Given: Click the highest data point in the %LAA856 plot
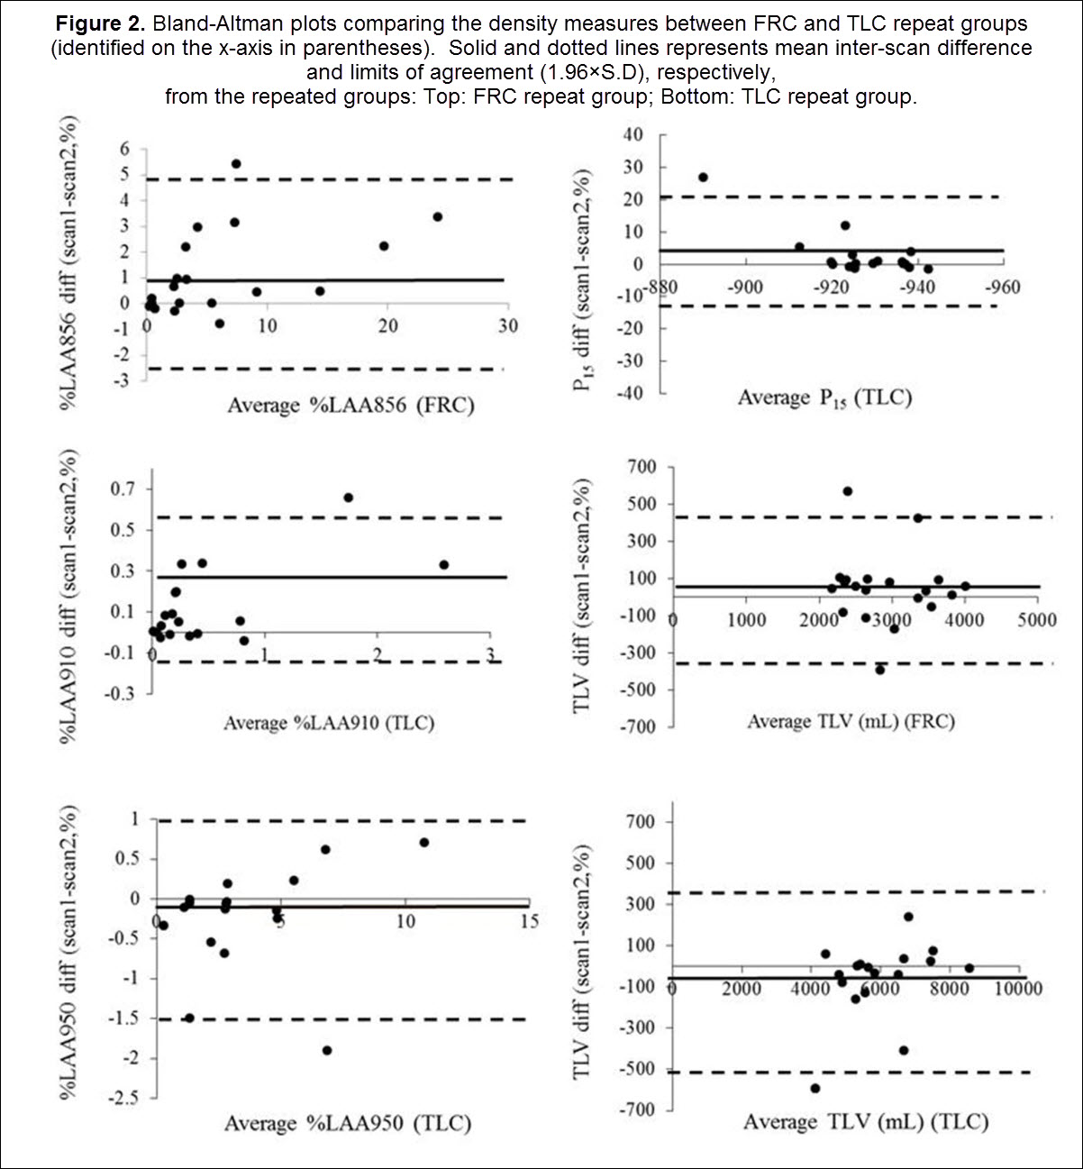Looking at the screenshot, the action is (x=236, y=164).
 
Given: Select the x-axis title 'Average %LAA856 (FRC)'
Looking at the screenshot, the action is (x=350, y=405).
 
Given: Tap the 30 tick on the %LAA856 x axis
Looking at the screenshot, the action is (x=508, y=325).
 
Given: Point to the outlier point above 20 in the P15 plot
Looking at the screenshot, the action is (x=703, y=178).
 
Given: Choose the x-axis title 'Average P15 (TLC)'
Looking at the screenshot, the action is (x=824, y=397).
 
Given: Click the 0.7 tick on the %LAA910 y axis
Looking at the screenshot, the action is (x=123, y=489).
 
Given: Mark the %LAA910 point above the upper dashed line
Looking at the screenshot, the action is (x=348, y=498).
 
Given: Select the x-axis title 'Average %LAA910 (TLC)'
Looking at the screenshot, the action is (x=329, y=722).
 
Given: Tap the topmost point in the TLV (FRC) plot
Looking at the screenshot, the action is (x=848, y=491).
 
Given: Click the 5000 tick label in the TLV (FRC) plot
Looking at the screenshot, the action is (x=1037, y=620).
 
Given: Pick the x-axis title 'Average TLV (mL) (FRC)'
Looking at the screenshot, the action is (x=851, y=721).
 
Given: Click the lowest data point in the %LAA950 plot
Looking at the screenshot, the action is (x=327, y=1050).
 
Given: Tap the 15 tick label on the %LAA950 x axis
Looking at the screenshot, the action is (x=529, y=921).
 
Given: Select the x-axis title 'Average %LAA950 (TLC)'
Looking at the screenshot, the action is (x=348, y=1123).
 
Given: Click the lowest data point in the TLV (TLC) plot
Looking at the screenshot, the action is (x=815, y=1089).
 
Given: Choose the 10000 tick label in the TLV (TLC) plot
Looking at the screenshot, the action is (x=1018, y=989).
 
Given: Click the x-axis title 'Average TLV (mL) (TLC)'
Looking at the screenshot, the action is (x=866, y=1121).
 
